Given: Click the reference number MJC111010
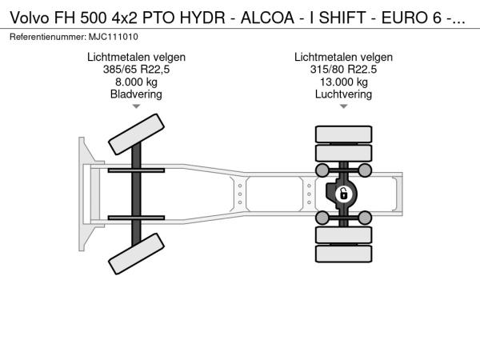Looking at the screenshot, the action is (114, 37).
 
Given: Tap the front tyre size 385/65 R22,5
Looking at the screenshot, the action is (136, 70).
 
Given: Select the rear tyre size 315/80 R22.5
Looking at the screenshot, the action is (343, 70).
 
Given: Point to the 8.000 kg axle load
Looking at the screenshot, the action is (136, 82).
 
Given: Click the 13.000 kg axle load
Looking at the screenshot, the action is (344, 82).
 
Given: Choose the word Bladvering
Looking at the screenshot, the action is (136, 94).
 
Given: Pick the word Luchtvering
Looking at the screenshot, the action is (343, 94).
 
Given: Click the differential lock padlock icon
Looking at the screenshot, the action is (344, 194).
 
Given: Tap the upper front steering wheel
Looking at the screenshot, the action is (136, 134).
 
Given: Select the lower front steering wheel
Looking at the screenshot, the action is (136, 254).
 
